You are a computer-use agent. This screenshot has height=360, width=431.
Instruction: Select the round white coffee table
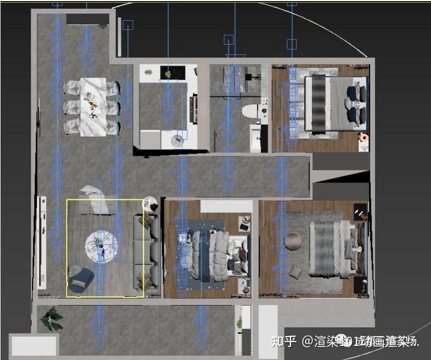click(x=100, y=247)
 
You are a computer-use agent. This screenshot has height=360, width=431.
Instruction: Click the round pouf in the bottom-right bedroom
click(x=295, y=242)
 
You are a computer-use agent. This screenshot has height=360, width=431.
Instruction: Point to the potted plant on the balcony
click(x=53, y=318)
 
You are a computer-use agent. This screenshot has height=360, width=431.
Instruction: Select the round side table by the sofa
click(x=150, y=204)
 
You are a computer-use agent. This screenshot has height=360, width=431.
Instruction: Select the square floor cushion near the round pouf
click(x=296, y=271)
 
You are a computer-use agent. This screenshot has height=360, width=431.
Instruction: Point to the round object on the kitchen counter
click(x=178, y=141)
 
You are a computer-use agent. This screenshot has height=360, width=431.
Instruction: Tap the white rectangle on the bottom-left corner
click(x=34, y=345)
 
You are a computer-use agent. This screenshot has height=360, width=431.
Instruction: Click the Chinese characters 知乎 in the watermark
click(x=283, y=342)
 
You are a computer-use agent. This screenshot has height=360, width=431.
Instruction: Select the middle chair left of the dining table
click(x=71, y=106)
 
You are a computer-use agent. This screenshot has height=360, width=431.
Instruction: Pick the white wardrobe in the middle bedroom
click(x=226, y=206)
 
